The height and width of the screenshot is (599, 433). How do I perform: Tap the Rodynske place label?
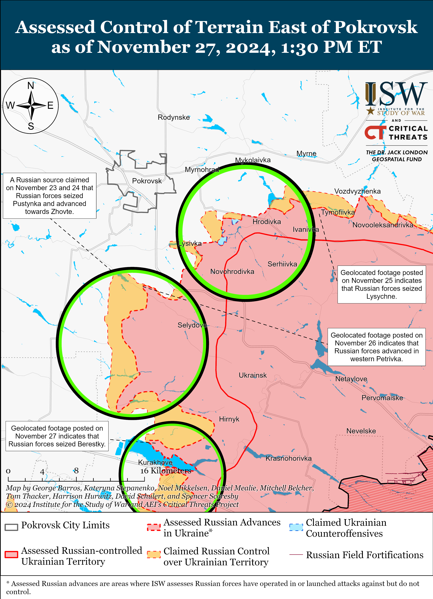[174, 117]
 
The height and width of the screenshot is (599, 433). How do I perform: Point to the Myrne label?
[306, 154]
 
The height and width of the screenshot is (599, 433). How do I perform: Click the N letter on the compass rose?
[31, 86]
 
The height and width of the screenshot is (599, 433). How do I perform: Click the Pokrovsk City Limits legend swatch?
[11, 527]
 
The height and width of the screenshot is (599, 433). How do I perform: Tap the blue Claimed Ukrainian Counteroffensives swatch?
[296, 527]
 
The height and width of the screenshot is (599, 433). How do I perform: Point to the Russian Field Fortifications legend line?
[296, 555]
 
